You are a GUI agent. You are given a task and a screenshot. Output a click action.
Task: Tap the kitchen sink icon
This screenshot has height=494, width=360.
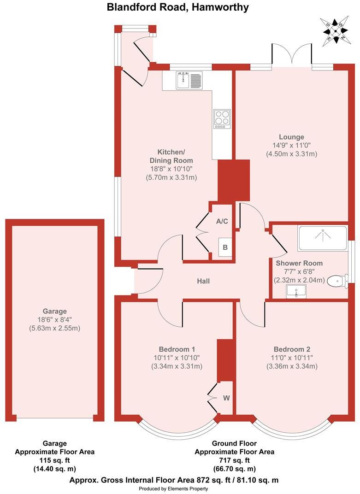point(189,80)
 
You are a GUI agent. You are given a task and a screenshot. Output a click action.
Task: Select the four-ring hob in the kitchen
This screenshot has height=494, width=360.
point(221,119)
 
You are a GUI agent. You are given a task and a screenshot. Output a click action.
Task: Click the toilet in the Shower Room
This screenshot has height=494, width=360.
point(338,280)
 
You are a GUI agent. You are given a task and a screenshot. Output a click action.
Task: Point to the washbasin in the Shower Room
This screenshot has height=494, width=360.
point(295,291)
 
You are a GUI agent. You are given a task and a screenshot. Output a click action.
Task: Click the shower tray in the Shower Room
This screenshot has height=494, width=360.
point(322,238)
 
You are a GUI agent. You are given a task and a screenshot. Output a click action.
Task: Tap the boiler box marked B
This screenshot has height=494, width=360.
point(225,247)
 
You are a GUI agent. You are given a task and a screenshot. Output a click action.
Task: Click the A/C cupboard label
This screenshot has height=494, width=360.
point(222,221)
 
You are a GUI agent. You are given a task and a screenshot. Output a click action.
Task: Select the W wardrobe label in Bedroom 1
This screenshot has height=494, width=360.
point(226,397)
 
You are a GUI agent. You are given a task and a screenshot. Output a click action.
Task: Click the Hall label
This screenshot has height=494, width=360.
point(203,280)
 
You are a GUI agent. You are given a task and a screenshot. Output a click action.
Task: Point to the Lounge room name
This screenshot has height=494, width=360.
point(291,137)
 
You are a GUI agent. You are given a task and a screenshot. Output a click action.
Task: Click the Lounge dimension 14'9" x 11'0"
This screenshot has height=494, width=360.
point(291,145)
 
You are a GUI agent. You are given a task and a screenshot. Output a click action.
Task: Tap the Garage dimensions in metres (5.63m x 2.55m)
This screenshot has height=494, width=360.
point(55,328)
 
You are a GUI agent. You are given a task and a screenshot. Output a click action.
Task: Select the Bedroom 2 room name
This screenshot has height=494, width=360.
point(291,349)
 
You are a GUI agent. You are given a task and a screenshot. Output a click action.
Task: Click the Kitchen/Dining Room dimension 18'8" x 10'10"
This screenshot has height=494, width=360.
point(171,169)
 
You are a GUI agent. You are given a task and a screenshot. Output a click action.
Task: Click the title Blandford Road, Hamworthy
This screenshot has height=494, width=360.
point(178,7)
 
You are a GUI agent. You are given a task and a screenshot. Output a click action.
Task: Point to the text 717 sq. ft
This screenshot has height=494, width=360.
point(234,460)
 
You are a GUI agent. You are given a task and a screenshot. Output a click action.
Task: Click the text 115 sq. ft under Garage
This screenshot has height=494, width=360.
point(55,460)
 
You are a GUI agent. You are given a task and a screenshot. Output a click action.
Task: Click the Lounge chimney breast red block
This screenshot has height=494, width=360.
point(233,181)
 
